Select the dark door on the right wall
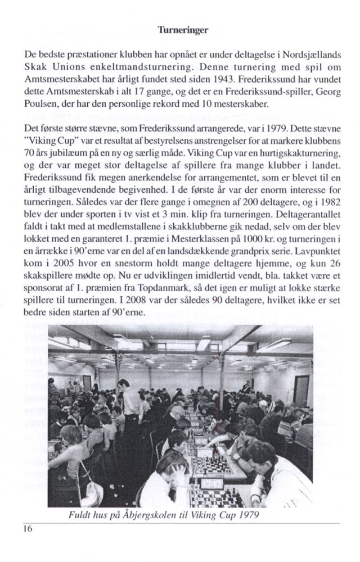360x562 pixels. tap(302, 389)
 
